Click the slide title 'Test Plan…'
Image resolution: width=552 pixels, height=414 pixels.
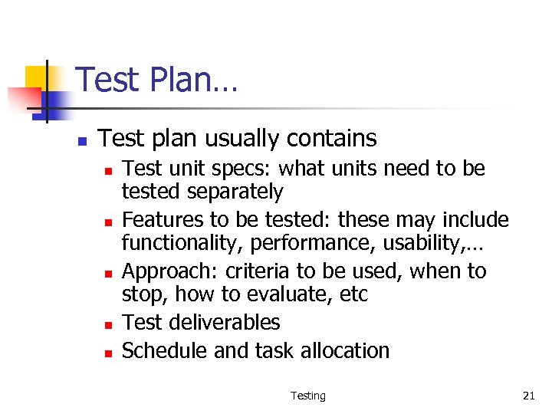tap(156, 80)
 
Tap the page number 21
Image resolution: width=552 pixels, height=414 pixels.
tap(528, 396)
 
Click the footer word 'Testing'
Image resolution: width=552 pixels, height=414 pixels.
tap(307, 396)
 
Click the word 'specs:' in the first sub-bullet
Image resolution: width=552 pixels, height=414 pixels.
tap(250, 169)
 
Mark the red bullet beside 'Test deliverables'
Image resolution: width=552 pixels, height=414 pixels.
tap(109, 325)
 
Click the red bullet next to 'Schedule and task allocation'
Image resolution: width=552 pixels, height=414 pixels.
tap(109, 353)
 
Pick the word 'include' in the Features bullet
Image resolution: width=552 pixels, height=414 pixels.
tap(474, 220)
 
